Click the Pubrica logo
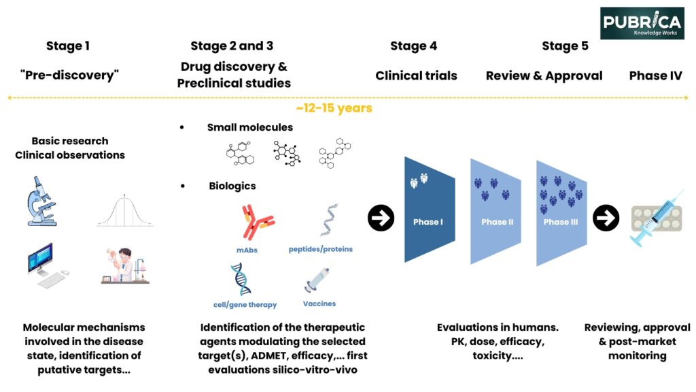tap(642, 22)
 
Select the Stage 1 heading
tap(68, 46)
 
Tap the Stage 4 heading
tap(413, 46)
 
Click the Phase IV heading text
tap(655, 76)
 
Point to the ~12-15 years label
tap(334, 108)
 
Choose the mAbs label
tap(247, 250)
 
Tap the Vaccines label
tap(319, 304)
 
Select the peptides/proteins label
tap(320, 249)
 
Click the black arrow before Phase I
tap(381, 218)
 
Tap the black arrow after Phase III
tap(605, 218)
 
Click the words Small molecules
tap(250, 127)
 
